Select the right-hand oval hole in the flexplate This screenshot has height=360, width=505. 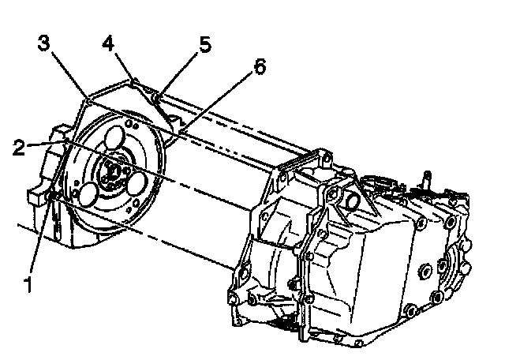pyautogui.click(x=137, y=184)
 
